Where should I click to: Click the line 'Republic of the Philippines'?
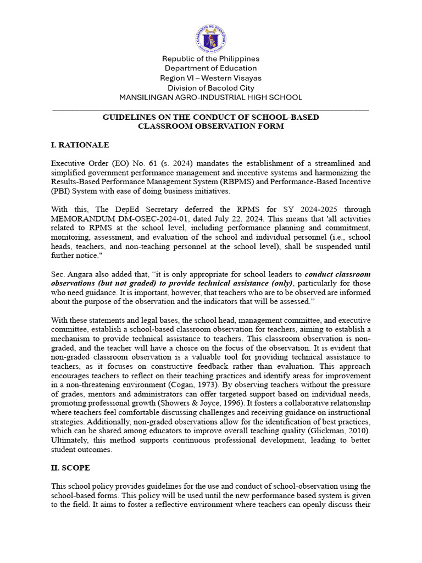point(211,59)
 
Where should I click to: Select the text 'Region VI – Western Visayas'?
point(211,78)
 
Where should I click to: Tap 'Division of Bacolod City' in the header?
point(211,87)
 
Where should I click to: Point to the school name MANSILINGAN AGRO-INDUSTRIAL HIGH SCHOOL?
point(211,97)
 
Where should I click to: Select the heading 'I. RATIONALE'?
point(80,145)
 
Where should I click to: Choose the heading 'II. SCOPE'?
point(70,467)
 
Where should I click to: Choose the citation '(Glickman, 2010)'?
point(339,431)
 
